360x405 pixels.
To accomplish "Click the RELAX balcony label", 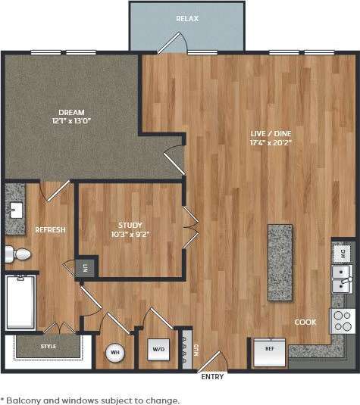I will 186,18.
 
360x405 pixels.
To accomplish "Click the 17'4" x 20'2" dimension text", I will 271,143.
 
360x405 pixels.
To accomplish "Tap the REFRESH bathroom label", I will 49,230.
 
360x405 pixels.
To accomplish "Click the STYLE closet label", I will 48,347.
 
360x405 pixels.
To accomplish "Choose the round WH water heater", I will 115,352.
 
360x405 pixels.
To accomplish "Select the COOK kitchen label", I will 305,322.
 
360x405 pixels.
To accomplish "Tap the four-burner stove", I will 342,321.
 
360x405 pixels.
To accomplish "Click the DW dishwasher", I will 343,254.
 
